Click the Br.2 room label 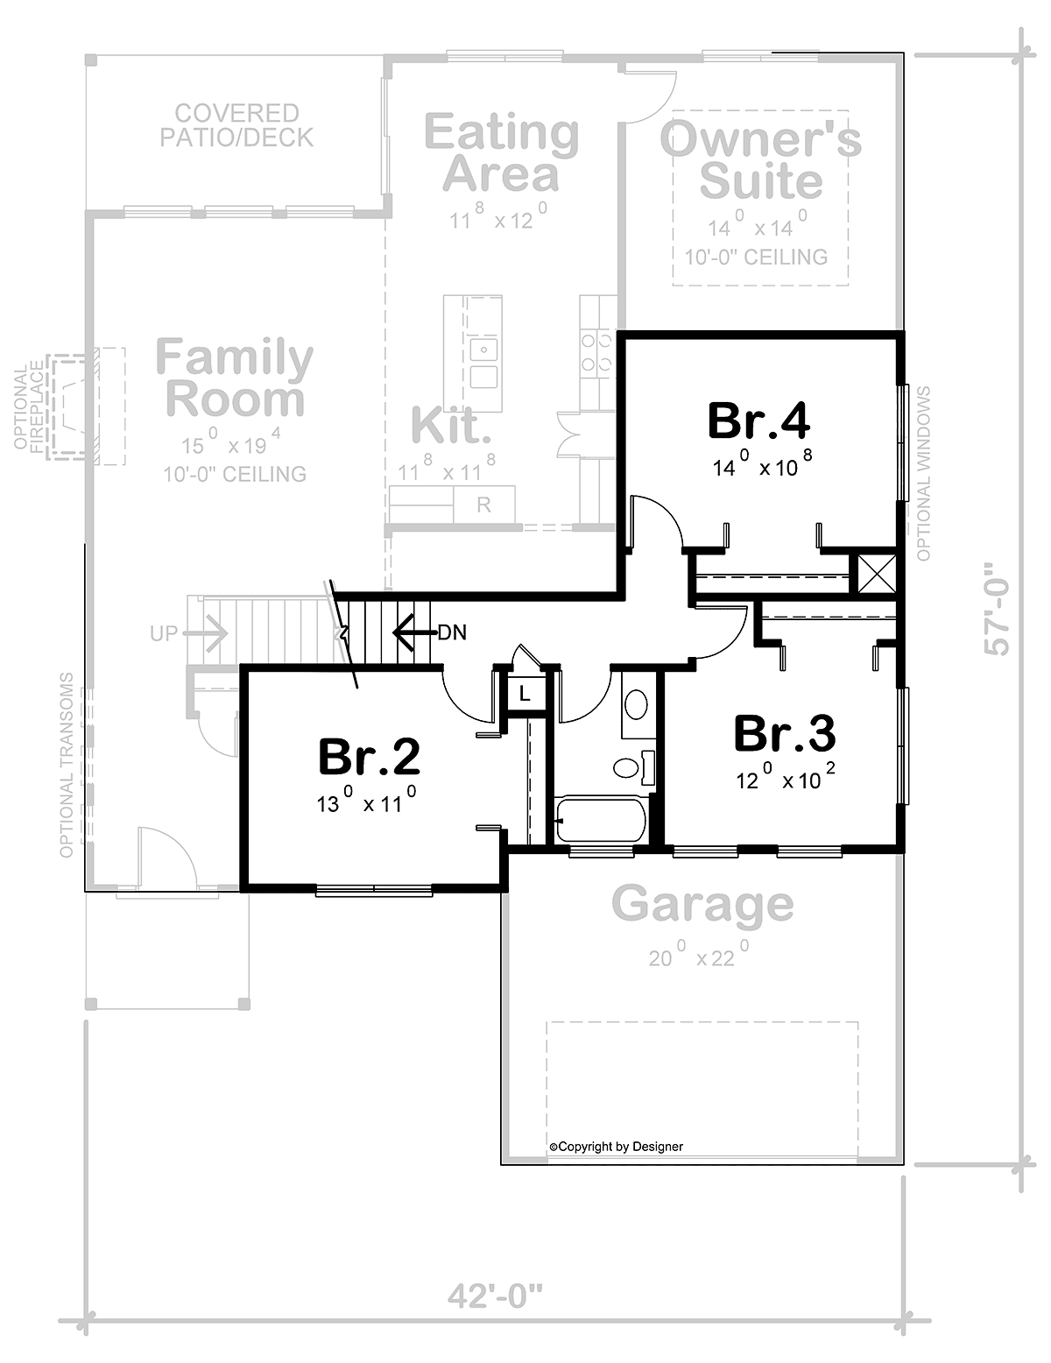[369, 757]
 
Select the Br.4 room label [758, 420]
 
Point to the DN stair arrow [414, 632]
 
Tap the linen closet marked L [525, 693]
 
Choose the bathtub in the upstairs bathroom [601, 819]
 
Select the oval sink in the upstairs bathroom [637, 704]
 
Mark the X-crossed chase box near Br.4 [877, 573]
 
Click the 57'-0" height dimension [997, 609]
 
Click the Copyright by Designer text [616, 1147]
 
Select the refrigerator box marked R [483, 505]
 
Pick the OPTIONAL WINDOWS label [924, 473]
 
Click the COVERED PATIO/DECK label [236, 125]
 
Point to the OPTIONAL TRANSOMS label [67, 766]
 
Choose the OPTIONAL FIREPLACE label [30, 406]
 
